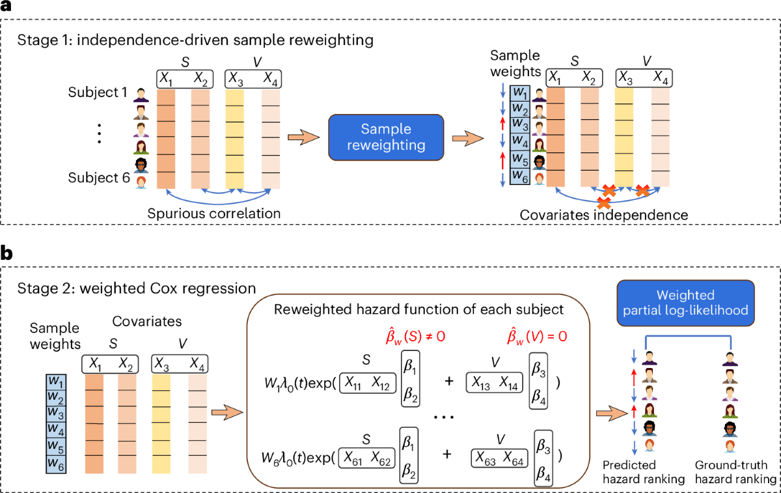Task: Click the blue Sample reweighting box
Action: [x=386, y=137]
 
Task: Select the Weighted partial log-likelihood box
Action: [x=685, y=303]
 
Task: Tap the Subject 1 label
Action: [x=97, y=92]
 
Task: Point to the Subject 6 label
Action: [x=99, y=178]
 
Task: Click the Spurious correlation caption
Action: [x=213, y=213]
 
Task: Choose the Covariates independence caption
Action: [x=604, y=215]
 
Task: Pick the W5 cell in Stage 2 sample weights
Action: [x=56, y=447]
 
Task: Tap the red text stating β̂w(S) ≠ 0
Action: [x=415, y=337]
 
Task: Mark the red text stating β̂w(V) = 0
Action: [x=537, y=337]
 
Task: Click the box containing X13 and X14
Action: [x=495, y=383]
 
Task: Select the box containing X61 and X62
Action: [x=367, y=458]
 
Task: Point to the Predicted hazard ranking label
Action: [x=644, y=472]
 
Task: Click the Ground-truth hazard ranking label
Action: [x=735, y=472]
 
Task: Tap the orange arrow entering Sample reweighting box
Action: [x=303, y=137]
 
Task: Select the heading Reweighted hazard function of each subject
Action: [x=418, y=309]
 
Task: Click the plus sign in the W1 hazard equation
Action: [x=449, y=382]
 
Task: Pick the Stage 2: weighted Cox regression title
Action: [x=136, y=289]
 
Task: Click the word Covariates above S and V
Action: [x=147, y=321]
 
